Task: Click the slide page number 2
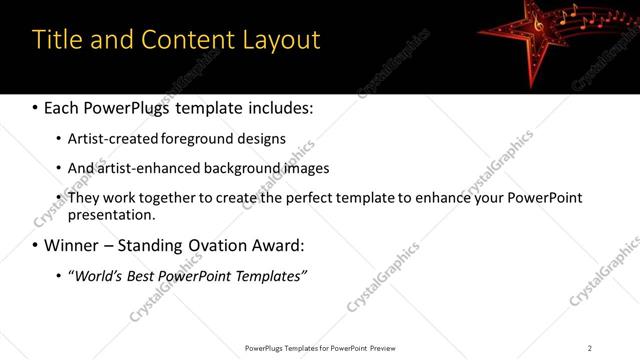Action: [590, 348]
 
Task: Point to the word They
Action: [83, 198]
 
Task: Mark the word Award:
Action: [279, 245]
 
